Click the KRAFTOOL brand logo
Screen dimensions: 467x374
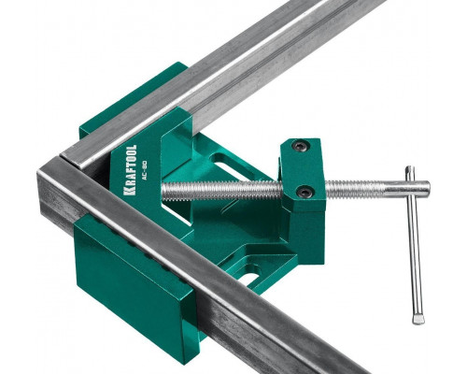click(x=130, y=170)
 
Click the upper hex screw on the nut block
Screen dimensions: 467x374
click(x=300, y=145)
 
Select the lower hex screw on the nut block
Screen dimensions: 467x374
click(x=305, y=192)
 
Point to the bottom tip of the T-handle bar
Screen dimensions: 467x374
click(x=418, y=320)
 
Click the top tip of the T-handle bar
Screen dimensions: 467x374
click(x=409, y=169)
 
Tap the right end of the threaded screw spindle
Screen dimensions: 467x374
click(x=427, y=187)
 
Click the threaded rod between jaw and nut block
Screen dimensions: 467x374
click(x=222, y=190)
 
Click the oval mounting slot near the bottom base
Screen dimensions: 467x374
click(x=249, y=279)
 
